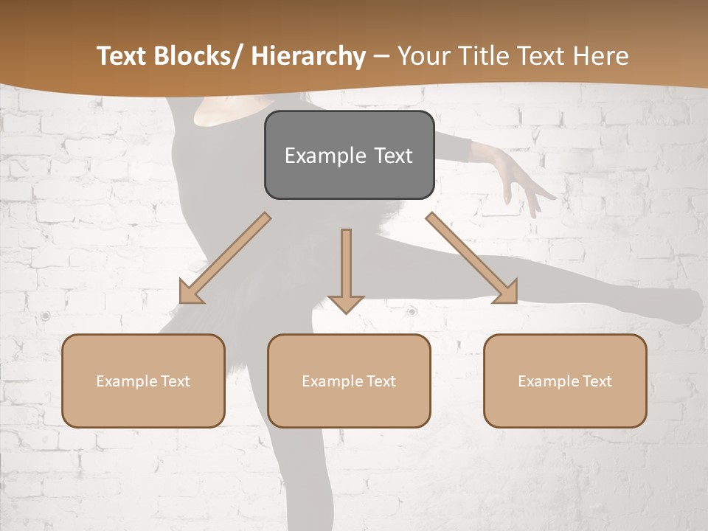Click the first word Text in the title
pos(121,56)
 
